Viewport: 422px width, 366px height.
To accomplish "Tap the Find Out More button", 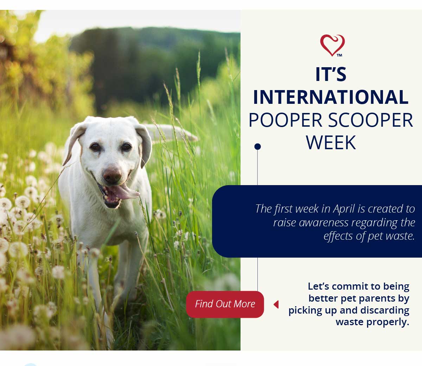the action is click(x=225, y=304).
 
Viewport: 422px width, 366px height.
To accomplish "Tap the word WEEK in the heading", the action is click(x=331, y=143).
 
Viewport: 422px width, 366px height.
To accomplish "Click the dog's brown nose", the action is click(x=112, y=175).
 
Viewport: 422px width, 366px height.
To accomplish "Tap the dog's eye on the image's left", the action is click(x=95, y=146).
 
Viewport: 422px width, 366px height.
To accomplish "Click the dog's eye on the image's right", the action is click(x=126, y=146).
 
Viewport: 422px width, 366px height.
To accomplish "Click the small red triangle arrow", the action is click(x=276, y=304).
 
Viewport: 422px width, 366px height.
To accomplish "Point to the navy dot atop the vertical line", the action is click(x=258, y=146).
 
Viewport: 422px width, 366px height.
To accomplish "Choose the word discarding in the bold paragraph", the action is click(x=385, y=310).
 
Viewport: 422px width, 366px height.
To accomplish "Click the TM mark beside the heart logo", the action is click(x=339, y=55).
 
